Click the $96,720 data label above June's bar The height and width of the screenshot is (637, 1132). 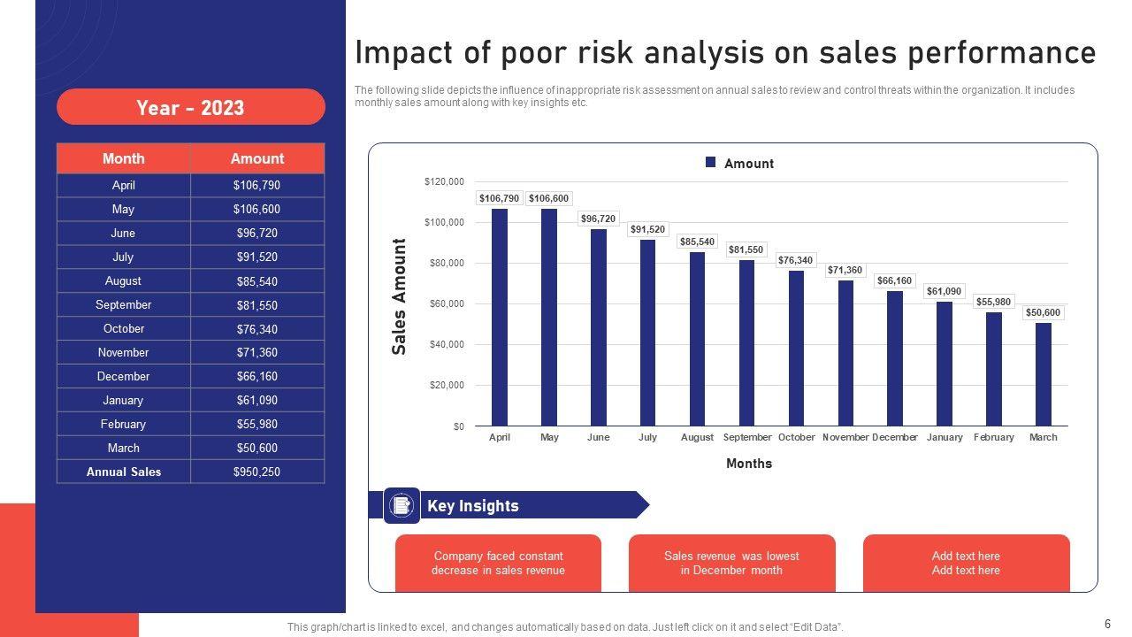click(x=599, y=219)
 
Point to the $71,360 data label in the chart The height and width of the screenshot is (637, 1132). click(x=845, y=270)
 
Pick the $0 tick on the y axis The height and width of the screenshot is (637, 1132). click(x=457, y=426)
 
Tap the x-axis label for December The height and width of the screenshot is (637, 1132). click(x=895, y=437)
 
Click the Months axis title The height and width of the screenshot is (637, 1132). click(x=749, y=464)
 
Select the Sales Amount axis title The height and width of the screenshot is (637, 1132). click(x=400, y=296)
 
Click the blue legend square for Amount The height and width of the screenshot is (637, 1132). click(x=710, y=163)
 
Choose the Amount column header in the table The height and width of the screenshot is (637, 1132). click(x=256, y=158)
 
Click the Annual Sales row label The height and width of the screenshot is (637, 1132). click(x=124, y=472)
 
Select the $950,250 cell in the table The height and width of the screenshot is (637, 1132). click(x=256, y=472)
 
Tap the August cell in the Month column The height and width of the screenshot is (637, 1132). click(x=124, y=280)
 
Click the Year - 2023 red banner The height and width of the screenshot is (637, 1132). click(x=190, y=108)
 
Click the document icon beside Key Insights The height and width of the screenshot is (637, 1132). click(x=402, y=505)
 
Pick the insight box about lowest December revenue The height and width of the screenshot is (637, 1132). click(x=731, y=563)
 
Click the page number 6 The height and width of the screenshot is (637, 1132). click(x=1107, y=623)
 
